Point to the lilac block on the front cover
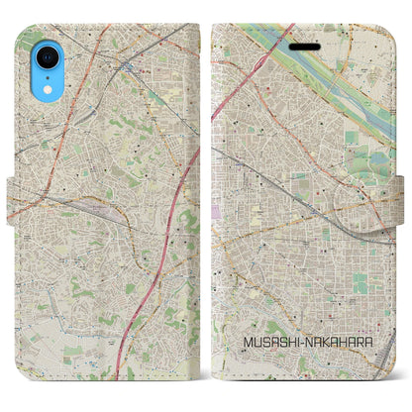218,211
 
